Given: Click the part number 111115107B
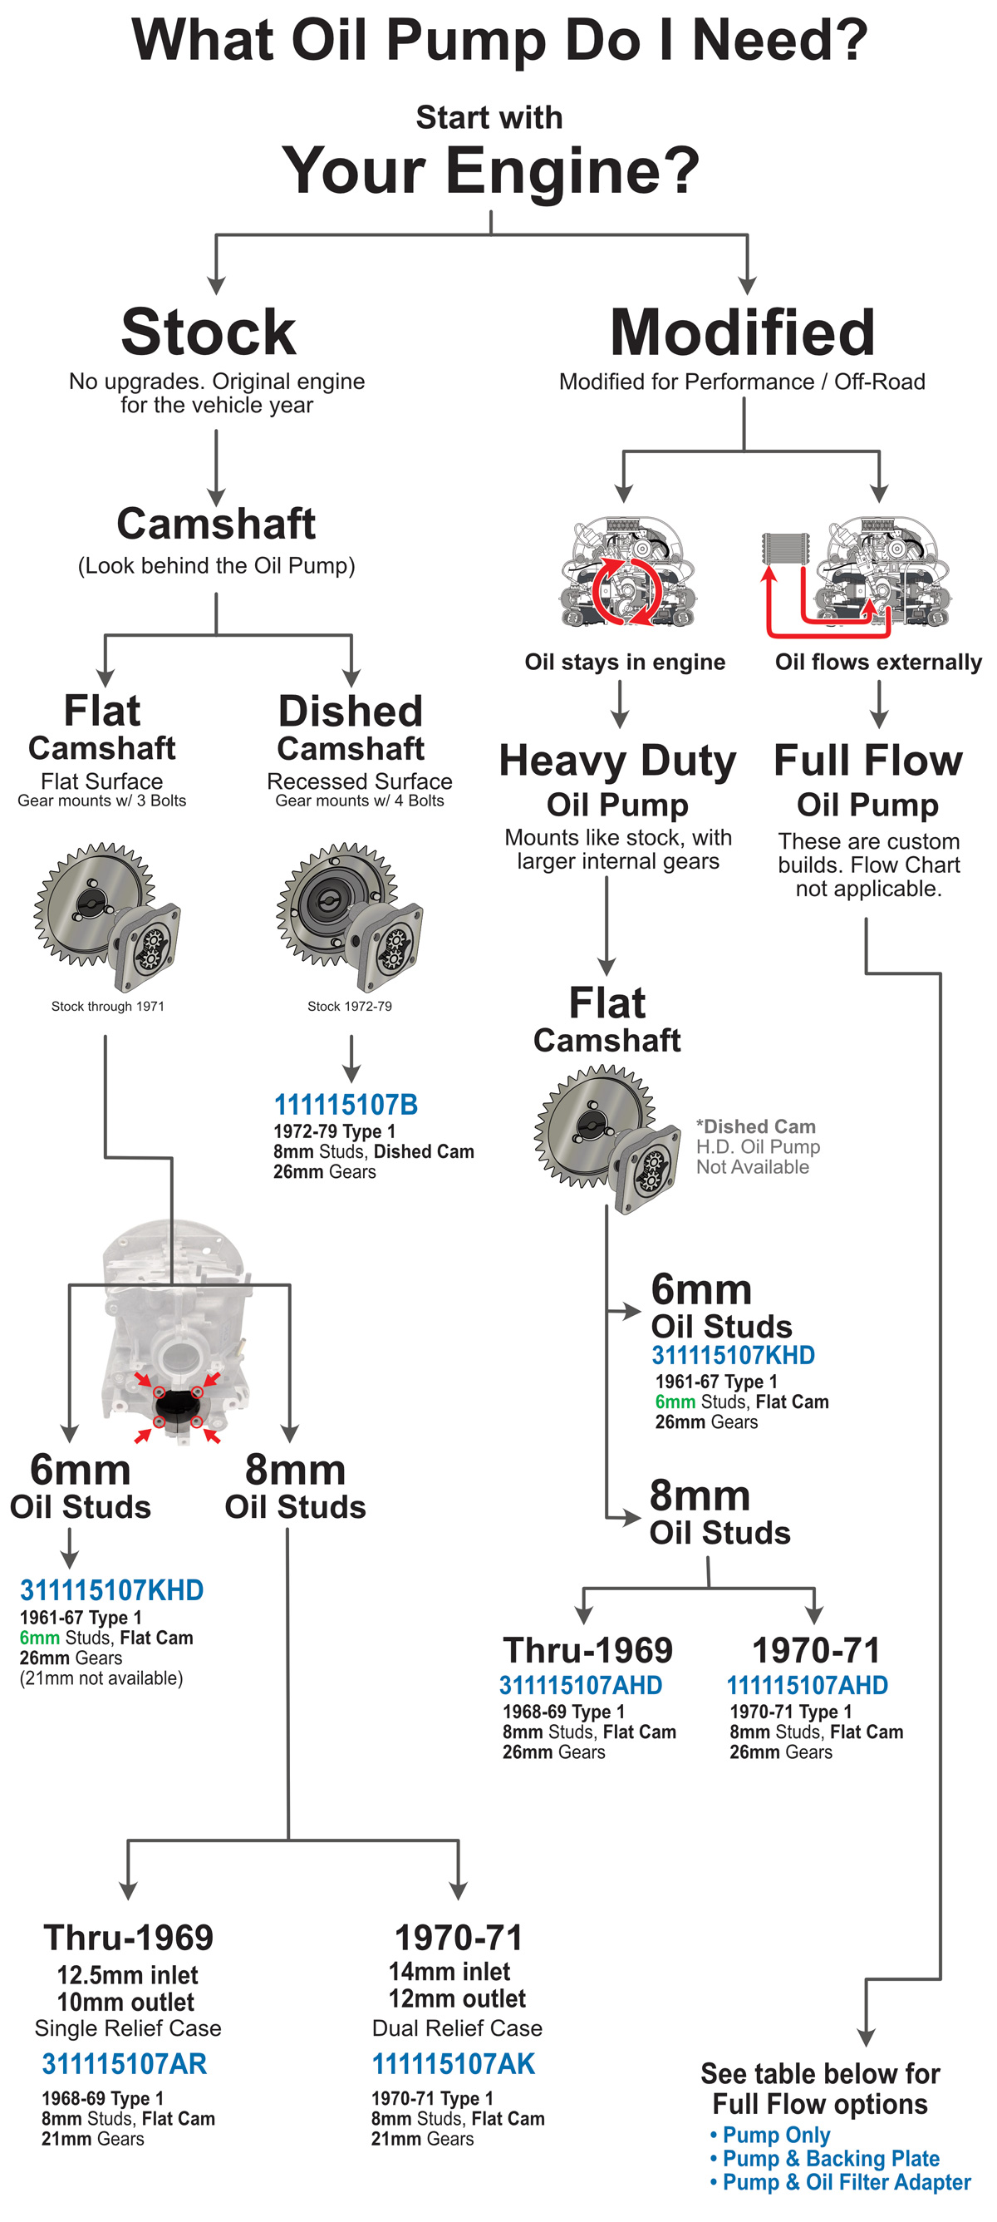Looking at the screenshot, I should point(345,1104).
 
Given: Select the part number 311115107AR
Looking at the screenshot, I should point(124,2063).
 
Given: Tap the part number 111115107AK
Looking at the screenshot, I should point(453,2063).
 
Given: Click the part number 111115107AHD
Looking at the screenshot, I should point(807,1685).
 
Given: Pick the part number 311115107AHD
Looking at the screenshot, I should point(581,1685).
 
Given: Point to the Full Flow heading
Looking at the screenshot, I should point(867,760).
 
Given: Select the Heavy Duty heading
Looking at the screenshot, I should point(617,760).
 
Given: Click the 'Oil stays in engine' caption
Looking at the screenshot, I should point(625,662).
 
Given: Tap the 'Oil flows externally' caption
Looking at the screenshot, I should point(878,662).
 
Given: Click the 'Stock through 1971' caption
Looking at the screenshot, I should point(108,1006).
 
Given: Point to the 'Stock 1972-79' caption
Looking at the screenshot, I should point(349,1006).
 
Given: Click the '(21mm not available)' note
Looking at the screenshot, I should point(101,1678).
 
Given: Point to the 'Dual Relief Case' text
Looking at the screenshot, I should point(457,2028).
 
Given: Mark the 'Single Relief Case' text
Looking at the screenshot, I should point(128,2028).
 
